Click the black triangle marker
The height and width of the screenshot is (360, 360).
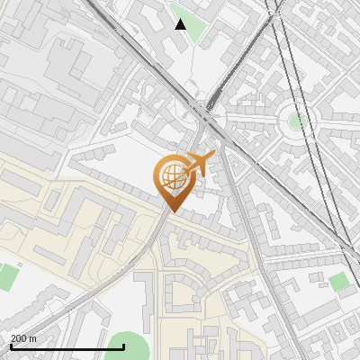tap(181, 24)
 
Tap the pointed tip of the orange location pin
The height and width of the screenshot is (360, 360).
tap(172, 211)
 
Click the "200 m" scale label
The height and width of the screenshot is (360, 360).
tap(23, 338)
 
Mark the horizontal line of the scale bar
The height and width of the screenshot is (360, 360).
tap(67, 346)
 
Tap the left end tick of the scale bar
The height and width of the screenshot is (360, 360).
tap(10, 345)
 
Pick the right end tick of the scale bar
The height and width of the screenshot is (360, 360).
tap(123, 345)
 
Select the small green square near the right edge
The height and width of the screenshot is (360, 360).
tap(338, 283)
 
